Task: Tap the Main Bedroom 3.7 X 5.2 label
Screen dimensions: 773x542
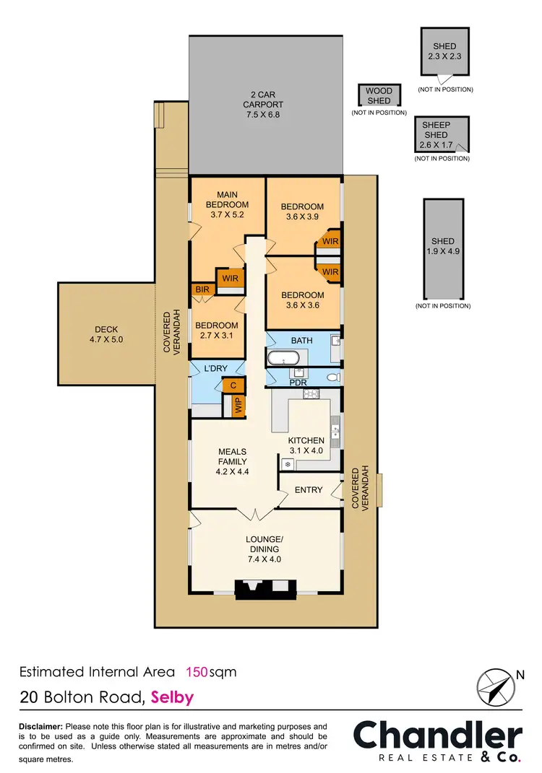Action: pos(228,204)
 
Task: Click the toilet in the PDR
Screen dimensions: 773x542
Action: pos(331,377)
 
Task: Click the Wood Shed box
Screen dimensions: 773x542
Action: pos(379,96)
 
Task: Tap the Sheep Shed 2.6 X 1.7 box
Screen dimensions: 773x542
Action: pos(441,135)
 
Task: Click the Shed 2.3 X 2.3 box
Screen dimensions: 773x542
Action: pos(445,51)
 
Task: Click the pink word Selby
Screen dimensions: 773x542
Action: pos(173,698)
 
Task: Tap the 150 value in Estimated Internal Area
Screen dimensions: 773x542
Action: pos(197,672)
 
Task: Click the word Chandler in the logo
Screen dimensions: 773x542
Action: pos(437,736)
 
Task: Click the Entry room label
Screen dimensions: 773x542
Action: pos(309,490)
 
